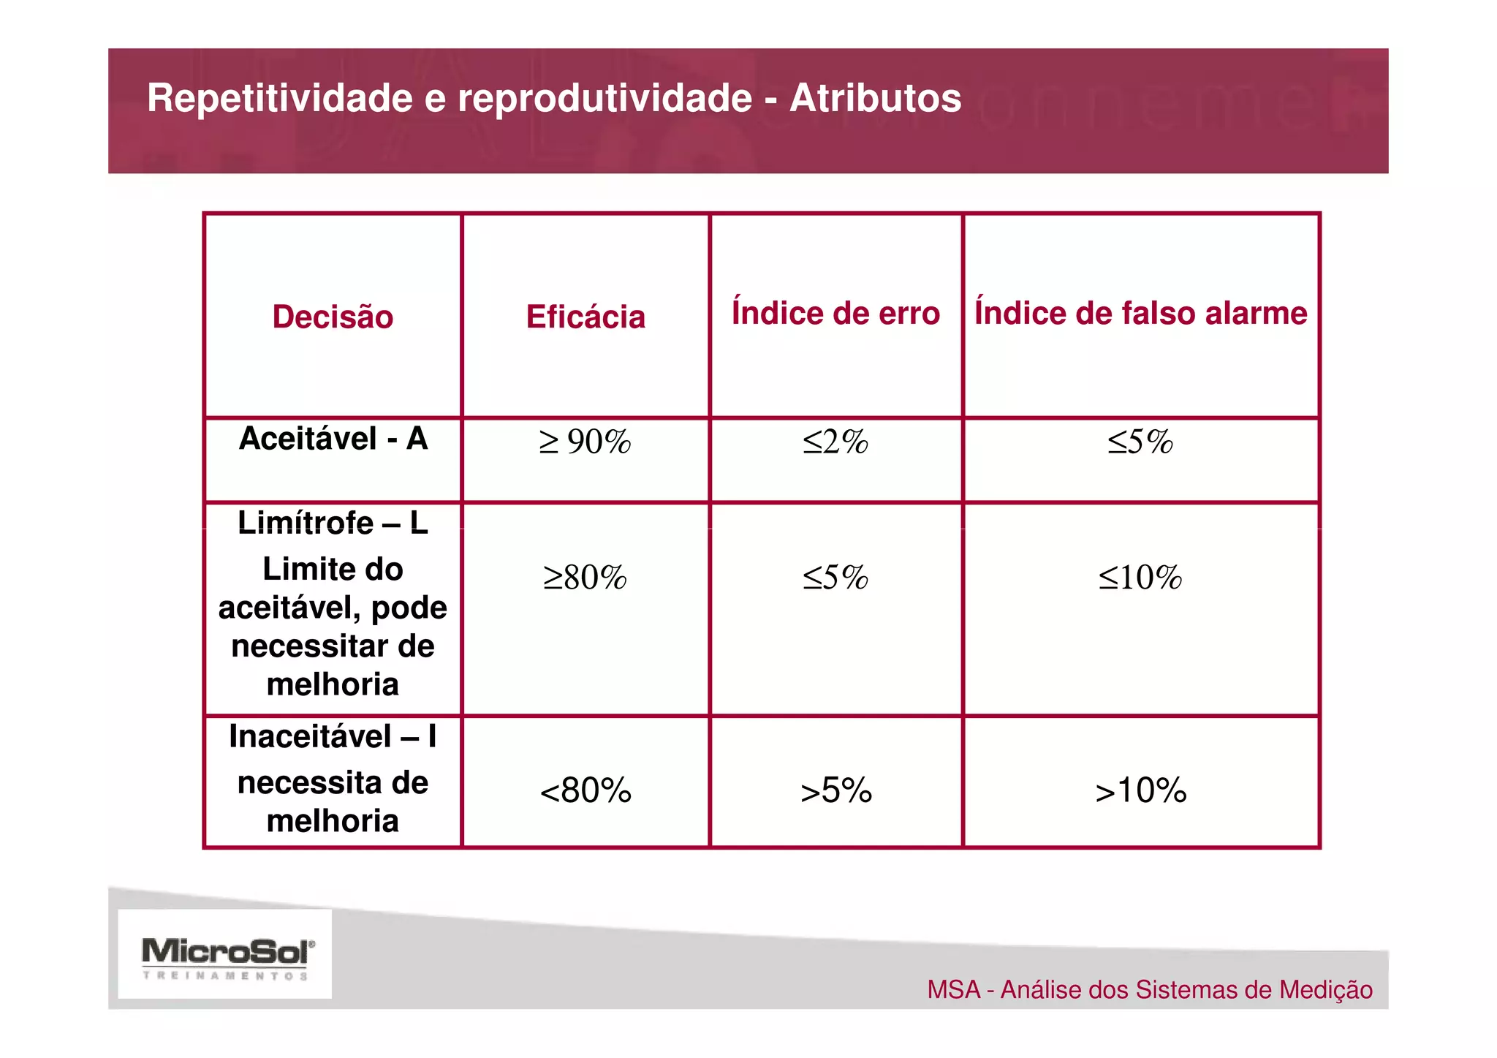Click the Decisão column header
pyautogui.click(x=333, y=317)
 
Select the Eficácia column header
pyautogui.click(x=585, y=317)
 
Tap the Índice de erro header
pyautogui.click(x=835, y=313)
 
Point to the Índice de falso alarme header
pyautogui.click(x=1140, y=313)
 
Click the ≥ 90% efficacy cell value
pyautogui.click(x=585, y=442)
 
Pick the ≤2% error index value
pyautogui.click(x=835, y=442)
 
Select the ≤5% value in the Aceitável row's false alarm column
pyautogui.click(x=1140, y=442)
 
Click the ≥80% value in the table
pyautogui.click(x=585, y=577)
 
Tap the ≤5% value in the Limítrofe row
pyautogui.click(x=835, y=577)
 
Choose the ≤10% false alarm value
pyautogui.click(x=1140, y=577)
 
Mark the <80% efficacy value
pyautogui.click(x=585, y=790)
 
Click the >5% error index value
pyautogui.click(x=836, y=790)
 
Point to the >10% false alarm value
pyautogui.click(x=1141, y=790)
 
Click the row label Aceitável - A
pyautogui.click(x=333, y=439)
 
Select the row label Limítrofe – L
pyautogui.click(x=333, y=523)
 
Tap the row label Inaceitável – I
pyautogui.click(x=333, y=736)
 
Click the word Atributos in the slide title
pyautogui.click(x=876, y=98)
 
